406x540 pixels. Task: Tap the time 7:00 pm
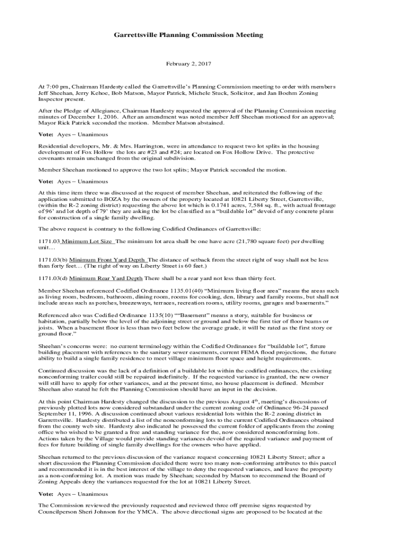click(55, 86)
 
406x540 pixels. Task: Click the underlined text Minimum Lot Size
click(88, 241)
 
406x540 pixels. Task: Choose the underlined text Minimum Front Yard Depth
click(108, 259)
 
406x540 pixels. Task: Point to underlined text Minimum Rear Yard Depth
click(105, 278)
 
